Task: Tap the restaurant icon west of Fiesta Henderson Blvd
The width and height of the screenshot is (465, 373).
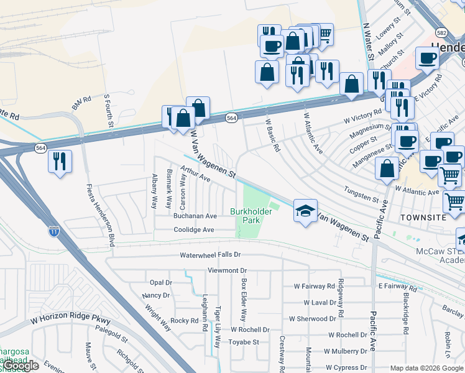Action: click(x=60, y=161)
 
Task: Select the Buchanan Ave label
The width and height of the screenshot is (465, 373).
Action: click(x=195, y=216)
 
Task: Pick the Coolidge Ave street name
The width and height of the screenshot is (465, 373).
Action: click(x=193, y=230)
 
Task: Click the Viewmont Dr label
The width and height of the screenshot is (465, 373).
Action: click(x=228, y=271)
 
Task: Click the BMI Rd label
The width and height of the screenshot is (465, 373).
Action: click(x=81, y=103)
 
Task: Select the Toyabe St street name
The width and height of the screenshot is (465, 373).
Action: click(x=244, y=342)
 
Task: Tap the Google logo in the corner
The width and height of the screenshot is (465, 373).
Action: click(x=20, y=366)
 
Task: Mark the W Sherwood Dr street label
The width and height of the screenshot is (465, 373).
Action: click(x=312, y=318)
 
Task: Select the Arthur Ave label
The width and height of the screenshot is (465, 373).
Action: click(x=195, y=173)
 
